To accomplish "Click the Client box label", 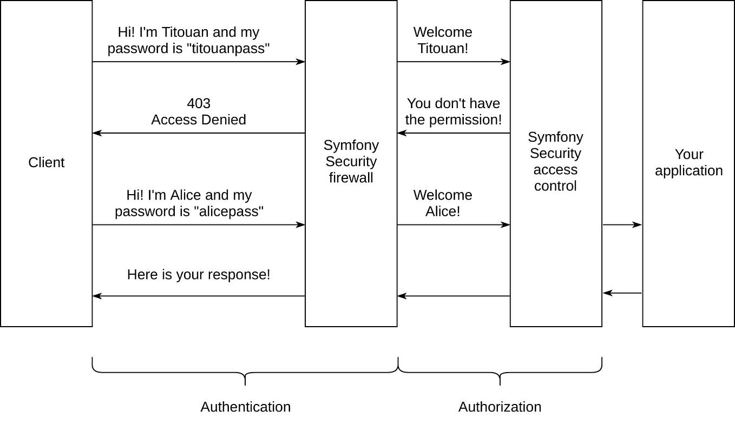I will [46, 162].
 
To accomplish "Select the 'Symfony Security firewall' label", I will [351, 161].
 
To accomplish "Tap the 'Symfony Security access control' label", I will [555, 161].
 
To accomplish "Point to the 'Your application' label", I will [688, 162].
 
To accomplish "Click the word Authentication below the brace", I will [245, 407].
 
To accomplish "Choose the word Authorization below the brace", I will [500, 407].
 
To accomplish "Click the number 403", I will [199, 103].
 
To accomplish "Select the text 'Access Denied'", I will [199, 120].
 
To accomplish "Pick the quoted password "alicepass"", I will [228, 211].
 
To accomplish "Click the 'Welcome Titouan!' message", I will [443, 40].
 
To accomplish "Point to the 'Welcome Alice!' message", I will [443, 203].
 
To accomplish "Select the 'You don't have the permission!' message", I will [454, 111].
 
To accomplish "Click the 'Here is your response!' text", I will [199, 275].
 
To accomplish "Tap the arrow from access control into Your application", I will [622, 224].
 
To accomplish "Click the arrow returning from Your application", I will [622, 293].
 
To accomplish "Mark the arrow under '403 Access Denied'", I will [199, 133].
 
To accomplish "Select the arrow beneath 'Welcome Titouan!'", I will [454, 62].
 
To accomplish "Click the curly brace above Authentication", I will [245, 372].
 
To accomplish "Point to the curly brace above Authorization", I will [500, 372].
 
